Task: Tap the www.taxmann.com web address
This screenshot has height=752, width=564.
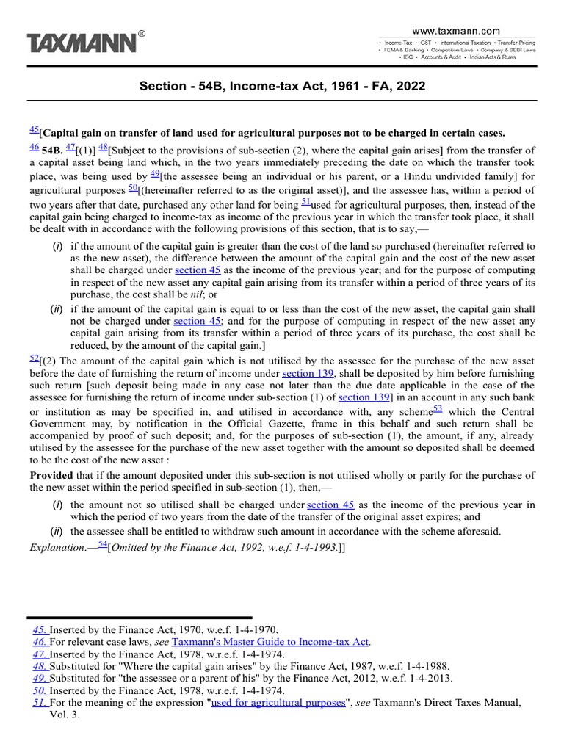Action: pos(455,31)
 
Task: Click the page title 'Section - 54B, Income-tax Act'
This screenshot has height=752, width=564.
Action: pos(282,87)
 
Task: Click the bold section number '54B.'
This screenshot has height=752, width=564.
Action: pos(54,151)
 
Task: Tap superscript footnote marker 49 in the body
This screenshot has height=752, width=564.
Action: pos(155,174)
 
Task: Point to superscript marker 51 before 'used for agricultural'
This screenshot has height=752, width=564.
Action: pos(306,202)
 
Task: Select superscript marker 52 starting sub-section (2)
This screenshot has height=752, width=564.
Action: pos(34,358)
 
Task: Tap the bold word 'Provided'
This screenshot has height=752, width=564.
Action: pos(51,476)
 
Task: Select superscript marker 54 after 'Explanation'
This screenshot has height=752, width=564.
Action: pos(102,544)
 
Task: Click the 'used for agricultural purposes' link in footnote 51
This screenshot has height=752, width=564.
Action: pos(278,703)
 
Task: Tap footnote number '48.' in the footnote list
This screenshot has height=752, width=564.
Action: pos(40,666)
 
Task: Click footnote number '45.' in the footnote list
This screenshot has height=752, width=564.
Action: pos(40,629)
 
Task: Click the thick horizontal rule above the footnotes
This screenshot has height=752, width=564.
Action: pos(140,618)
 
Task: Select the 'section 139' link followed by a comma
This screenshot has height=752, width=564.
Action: pos(308,374)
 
